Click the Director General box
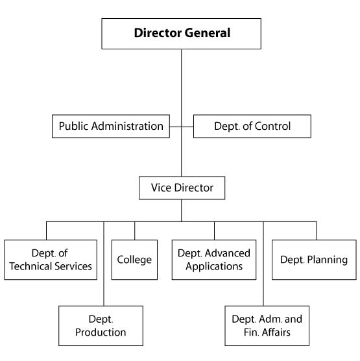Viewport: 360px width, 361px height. pyautogui.click(x=181, y=34)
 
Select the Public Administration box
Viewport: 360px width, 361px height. pyautogui.click(x=111, y=126)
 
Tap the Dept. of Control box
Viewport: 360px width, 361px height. pyautogui.click(x=252, y=126)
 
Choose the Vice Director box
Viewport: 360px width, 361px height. pyautogui.click(x=182, y=188)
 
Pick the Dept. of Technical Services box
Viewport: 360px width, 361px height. pyautogui.click(x=51, y=260)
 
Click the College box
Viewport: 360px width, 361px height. pyautogui.click(x=134, y=260)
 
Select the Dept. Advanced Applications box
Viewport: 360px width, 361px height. pyautogui.click(x=214, y=260)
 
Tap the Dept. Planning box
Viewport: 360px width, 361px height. pyautogui.click(x=314, y=260)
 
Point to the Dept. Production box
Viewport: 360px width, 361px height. pyautogui.click(x=101, y=326)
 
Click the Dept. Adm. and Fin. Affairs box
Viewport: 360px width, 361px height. pyautogui.click(x=267, y=326)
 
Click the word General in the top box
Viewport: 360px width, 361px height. pyautogui.click(x=208, y=32)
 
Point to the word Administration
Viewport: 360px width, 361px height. pyautogui.click(x=127, y=126)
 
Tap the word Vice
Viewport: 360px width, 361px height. pyautogui.click(x=162, y=188)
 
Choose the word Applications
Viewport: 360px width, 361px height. pyautogui.click(x=214, y=267)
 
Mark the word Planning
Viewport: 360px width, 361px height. pyautogui.click(x=328, y=260)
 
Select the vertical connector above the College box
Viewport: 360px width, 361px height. pyautogui.click(x=134, y=230)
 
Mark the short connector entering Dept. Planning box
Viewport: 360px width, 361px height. pyautogui.click(x=317, y=230)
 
